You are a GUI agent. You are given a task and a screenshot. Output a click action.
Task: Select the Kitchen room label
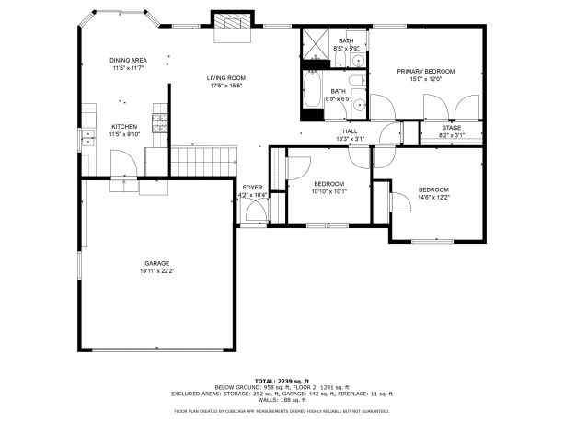(x=124, y=126)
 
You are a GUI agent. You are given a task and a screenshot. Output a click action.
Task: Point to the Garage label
(x=156, y=263)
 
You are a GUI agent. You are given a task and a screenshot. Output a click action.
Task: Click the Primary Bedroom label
(x=426, y=71)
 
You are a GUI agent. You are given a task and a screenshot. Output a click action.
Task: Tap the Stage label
(x=451, y=128)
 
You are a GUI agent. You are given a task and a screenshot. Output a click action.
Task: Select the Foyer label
(x=252, y=188)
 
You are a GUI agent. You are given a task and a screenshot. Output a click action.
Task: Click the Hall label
(x=350, y=131)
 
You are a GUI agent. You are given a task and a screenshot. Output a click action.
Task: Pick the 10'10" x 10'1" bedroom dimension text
(x=329, y=191)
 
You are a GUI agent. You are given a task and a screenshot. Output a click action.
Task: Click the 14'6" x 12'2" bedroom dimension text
(x=432, y=197)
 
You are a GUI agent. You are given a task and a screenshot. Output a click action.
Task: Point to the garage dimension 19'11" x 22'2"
(x=156, y=271)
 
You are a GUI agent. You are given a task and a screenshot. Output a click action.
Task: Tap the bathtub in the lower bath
(x=313, y=95)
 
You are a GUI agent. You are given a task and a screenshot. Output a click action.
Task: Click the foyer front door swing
(x=255, y=213)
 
